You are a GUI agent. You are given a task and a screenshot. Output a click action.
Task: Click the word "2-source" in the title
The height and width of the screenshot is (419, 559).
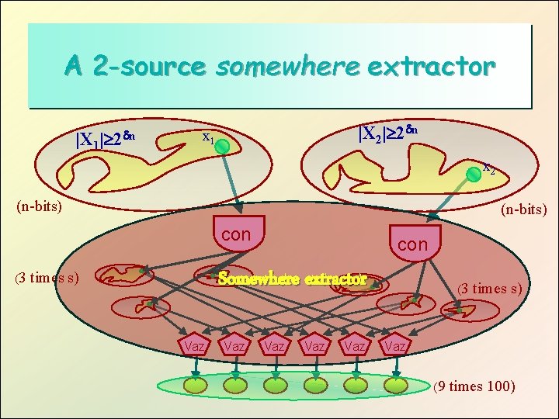148,67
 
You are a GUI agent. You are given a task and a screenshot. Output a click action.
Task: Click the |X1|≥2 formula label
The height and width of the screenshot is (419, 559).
106,139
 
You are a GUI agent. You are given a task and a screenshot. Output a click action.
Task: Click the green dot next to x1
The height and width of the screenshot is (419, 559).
220,145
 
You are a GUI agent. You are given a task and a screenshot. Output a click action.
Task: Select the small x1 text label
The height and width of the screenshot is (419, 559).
207,137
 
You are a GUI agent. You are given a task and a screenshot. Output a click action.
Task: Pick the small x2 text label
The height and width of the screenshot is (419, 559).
489,166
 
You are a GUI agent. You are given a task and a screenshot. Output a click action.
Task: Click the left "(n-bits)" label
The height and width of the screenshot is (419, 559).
40,207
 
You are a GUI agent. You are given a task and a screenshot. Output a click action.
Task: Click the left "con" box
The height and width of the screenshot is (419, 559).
236,234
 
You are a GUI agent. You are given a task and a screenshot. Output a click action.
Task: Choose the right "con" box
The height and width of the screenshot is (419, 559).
412,244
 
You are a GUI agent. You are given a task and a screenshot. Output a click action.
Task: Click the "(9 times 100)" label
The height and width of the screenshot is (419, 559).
475,386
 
